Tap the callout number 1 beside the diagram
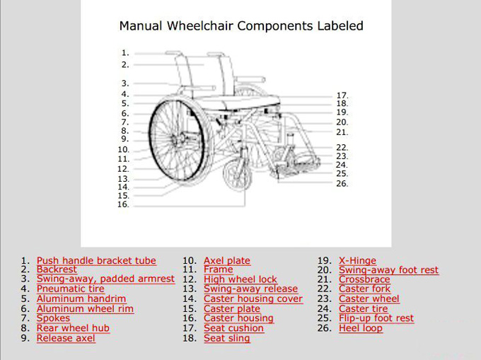[125, 53]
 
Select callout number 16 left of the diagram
[123, 204]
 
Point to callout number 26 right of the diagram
[342, 184]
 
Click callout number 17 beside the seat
[342, 95]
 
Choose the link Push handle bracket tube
[96, 261]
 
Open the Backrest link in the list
[57, 269]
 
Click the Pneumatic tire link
[71, 289]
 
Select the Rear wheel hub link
[73, 328]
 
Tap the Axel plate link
[227, 261]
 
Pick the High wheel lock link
[240, 279]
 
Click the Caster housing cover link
[253, 298]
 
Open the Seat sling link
[227, 338]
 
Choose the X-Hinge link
[357, 261]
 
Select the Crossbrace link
[364, 279]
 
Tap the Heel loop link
[361, 328]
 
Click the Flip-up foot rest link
[376, 318]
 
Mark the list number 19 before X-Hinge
[325, 261]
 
